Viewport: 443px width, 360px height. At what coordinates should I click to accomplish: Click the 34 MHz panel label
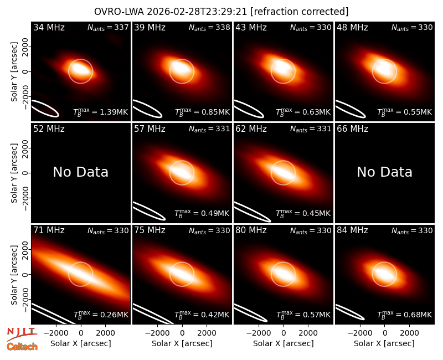point(49,27)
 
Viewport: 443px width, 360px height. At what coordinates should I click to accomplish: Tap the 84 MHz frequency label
point(352,230)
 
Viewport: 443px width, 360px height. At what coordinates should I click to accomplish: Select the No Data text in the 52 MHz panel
point(80,172)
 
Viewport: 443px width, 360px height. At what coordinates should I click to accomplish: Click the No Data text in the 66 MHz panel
point(384,172)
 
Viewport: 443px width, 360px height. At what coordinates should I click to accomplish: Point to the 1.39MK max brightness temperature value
point(101,112)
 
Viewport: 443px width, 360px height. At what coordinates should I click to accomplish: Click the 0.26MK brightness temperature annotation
point(101,314)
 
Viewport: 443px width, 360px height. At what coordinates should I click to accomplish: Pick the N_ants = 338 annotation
point(209,27)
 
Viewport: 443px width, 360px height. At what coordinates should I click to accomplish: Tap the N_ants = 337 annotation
point(108,27)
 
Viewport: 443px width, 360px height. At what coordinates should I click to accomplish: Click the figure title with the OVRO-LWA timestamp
point(221,12)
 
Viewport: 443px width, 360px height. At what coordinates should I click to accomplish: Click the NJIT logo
point(22,334)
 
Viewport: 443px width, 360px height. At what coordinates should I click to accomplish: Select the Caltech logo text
point(22,347)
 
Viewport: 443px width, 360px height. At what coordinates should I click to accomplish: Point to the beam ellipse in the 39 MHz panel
point(147,109)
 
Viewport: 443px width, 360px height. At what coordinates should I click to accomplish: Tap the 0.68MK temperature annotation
point(405,314)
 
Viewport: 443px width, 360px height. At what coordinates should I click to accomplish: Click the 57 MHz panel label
point(150,129)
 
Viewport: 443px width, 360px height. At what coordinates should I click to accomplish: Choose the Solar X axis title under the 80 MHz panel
point(284,343)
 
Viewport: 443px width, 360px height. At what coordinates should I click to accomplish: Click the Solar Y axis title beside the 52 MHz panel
point(14,173)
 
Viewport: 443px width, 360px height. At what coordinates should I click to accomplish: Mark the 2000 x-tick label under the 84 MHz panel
point(409,333)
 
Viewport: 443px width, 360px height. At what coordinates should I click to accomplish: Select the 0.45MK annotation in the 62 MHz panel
point(303,213)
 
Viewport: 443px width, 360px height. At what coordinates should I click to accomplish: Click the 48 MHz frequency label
point(352,27)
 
